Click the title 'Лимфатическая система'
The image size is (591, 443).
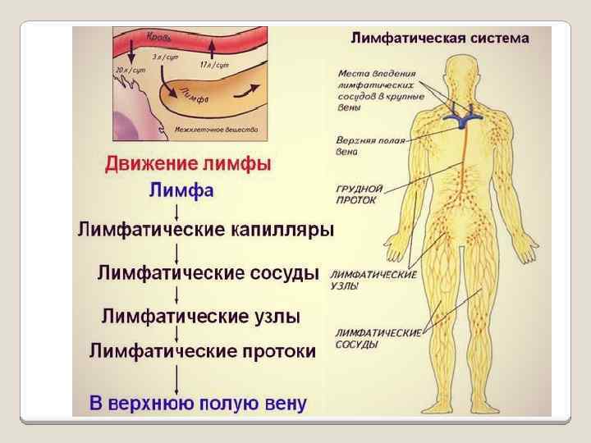point(440,38)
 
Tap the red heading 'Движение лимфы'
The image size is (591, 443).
point(187,164)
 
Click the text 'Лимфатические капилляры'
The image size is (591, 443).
point(205,230)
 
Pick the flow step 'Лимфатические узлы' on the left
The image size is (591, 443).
point(201,316)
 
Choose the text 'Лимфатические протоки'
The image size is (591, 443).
point(202,352)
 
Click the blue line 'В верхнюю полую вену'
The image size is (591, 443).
point(198,404)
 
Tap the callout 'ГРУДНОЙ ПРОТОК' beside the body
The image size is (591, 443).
point(356,194)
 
